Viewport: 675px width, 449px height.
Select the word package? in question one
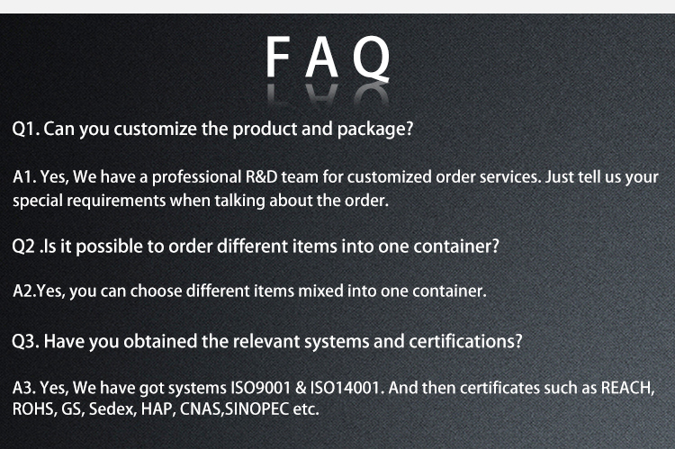click(x=375, y=129)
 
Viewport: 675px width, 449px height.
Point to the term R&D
click(x=269, y=177)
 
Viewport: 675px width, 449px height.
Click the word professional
click(x=196, y=177)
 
